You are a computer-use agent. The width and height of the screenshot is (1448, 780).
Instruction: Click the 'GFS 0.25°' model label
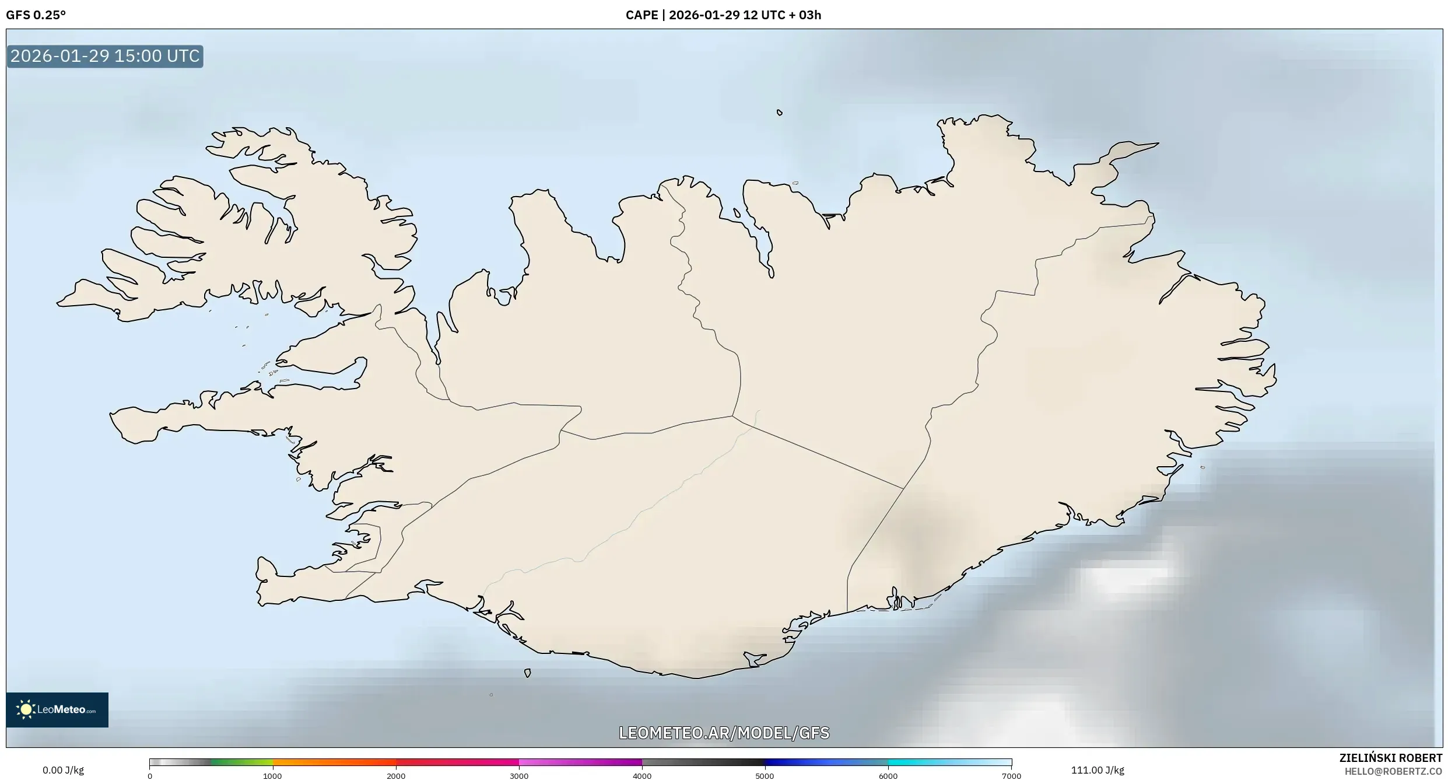pos(36,15)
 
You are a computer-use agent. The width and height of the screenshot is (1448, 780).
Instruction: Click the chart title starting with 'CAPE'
pos(723,15)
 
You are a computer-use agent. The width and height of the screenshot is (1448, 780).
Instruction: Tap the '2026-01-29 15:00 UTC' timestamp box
pos(105,56)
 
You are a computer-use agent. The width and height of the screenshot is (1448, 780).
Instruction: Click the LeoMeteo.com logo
pos(57,709)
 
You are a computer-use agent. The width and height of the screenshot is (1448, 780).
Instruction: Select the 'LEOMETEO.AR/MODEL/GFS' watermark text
pos(724,733)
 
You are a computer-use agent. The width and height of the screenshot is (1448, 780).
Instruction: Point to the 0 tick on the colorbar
pos(150,776)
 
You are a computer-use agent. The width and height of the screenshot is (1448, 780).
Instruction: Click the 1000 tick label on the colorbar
pos(272,776)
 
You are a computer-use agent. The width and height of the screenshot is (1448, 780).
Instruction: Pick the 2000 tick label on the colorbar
pos(396,776)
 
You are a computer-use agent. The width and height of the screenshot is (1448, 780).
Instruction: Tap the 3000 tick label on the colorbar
pos(519,776)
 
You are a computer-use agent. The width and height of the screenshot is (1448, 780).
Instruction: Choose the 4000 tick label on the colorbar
pos(642,776)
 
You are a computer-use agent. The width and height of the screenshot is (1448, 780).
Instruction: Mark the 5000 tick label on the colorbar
pos(765,776)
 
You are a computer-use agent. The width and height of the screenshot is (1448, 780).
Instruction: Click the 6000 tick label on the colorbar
pos(888,776)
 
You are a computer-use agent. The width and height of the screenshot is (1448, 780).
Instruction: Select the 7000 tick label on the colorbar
pos(1011,776)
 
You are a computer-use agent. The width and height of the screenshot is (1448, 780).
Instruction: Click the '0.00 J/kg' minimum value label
pos(63,770)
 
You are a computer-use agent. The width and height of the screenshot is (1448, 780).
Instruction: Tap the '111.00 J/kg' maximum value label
pos(1098,770)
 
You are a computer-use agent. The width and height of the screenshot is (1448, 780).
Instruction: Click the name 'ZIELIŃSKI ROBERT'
pos(1390,758)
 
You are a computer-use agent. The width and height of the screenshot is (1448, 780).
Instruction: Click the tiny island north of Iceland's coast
pos(779,113)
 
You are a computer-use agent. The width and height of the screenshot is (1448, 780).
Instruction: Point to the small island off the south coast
pos(527,673)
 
